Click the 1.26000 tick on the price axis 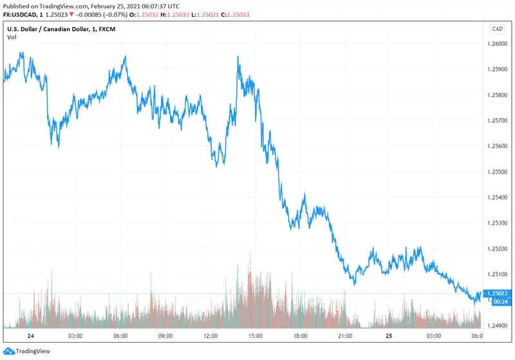tap(497, 44)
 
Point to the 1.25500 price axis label tap(497, 172)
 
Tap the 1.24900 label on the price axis tap(497, 325)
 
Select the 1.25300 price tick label tap(497, 223)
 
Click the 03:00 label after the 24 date tap(75, 336)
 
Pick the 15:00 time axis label tap(255, 336)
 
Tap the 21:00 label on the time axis tap(344, 336)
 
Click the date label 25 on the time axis tap(389, 336)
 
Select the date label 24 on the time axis tap(30, 336)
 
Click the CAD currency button tap(497, 29)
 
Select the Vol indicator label tap(12, 37)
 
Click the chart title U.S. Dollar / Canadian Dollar tap(51, 29)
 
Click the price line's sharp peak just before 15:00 tap(238, 57)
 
